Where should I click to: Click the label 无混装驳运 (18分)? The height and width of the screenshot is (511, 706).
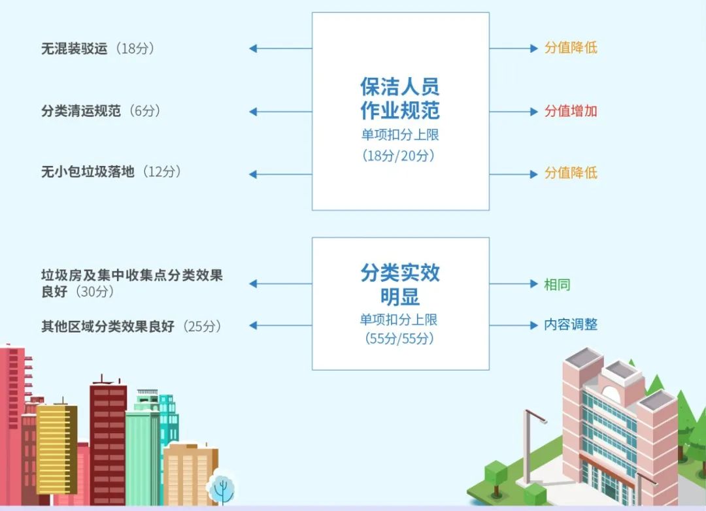point(98,48)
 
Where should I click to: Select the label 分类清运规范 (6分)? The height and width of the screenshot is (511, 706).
point(101,111)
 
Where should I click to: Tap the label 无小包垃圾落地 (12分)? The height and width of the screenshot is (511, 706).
point(111,172)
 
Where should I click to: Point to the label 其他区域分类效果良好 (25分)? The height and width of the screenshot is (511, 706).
point(131,325)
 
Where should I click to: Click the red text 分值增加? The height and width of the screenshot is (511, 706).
point(571,111)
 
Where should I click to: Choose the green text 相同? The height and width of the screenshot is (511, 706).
point(557,284)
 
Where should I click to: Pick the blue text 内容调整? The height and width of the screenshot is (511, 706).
point(571,325)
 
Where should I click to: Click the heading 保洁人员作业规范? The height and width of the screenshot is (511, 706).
point(400,98)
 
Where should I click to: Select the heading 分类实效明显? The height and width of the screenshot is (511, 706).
point(400,284)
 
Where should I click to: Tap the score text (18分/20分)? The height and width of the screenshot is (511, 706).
point(400,156)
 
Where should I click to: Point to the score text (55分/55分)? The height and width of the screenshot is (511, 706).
point(400,338)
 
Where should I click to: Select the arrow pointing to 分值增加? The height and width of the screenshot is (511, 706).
point(514,112)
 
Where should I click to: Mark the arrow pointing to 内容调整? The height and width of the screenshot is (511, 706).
point(514,325)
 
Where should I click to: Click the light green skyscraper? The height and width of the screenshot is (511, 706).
point(142,457)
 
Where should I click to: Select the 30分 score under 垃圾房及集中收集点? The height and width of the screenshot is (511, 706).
point(95,292)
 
